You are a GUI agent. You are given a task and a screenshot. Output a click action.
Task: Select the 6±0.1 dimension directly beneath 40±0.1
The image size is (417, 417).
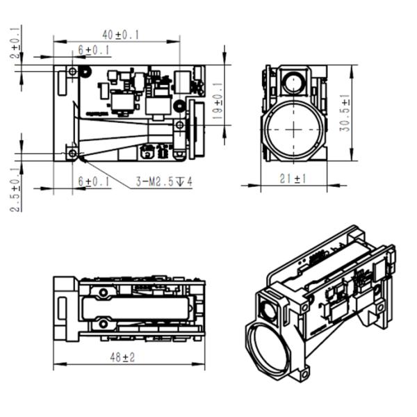93,49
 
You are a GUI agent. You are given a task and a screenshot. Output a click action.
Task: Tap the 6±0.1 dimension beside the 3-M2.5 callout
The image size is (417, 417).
93,181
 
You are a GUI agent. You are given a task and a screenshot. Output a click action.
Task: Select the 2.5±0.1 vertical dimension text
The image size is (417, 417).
15,189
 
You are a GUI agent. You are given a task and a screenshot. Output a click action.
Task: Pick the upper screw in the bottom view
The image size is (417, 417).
104,293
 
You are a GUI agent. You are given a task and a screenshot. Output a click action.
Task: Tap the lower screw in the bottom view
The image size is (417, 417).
104,322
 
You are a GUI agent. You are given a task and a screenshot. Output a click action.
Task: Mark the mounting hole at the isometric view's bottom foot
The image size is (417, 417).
304,375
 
